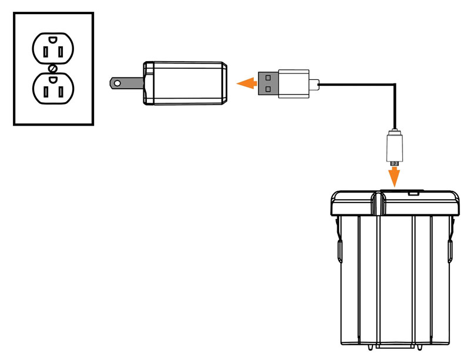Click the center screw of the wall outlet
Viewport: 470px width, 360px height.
(x=53, y=68)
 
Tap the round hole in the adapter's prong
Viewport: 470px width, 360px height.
(x=118, y=83)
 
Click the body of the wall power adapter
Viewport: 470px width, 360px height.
(x=185, y=83)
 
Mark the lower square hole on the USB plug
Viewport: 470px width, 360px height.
(x=268, y=89)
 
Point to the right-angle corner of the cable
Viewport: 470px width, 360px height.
(x=394, y=85)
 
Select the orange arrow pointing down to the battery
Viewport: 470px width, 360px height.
(x=394, y=175)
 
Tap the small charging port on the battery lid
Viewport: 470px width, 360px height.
(x=414, y=191)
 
